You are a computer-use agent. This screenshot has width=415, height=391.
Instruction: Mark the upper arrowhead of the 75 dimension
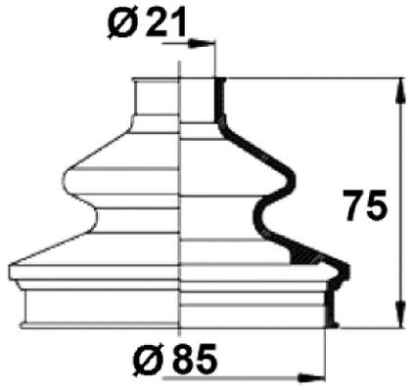(x=399, y=86)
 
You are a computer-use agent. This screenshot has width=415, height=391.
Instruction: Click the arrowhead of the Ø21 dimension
(x=207, y=43)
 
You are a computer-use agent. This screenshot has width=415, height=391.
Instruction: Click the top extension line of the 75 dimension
(x=313, y=77)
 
